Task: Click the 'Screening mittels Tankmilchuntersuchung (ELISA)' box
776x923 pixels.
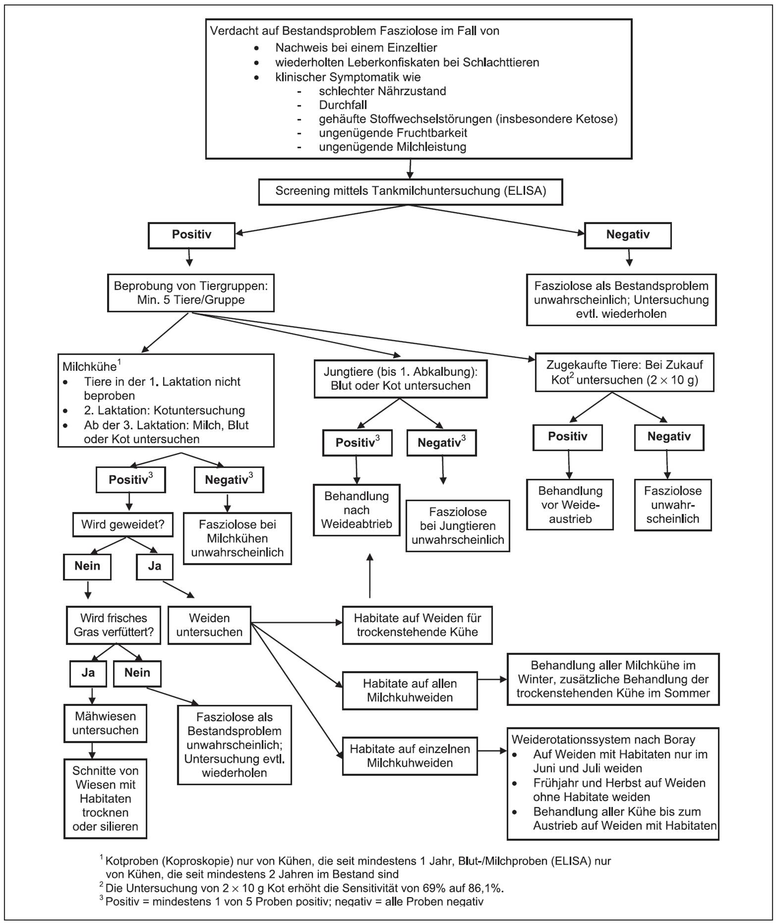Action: pos(410,191)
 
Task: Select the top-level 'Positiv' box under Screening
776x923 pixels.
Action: pos(191,235)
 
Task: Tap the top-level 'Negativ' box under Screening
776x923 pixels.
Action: pos(628,235)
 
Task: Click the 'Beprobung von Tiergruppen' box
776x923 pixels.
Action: pos(191,293)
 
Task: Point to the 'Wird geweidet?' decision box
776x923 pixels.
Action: pos(122,524)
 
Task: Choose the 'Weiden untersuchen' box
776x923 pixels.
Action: pos(209,625)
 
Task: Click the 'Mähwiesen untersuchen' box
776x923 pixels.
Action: pos(105,723)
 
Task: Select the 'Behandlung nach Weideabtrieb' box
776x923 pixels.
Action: pos(356,510)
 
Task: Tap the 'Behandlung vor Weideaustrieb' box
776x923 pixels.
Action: pos(570,505)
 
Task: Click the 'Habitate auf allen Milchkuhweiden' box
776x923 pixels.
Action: pos(410,691)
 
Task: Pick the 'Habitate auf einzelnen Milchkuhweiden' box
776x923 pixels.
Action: pos(410,756)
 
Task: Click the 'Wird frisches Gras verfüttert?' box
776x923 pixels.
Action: pos(113,625)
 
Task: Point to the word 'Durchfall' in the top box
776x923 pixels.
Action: pos(343,105)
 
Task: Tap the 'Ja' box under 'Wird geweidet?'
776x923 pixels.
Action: pos(155,566)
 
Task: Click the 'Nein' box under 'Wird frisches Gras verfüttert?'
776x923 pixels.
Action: pos(137,673)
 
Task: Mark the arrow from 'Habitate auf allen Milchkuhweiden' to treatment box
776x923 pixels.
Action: pos(492,680)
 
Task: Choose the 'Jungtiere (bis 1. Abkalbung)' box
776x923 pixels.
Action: pos(400,379)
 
